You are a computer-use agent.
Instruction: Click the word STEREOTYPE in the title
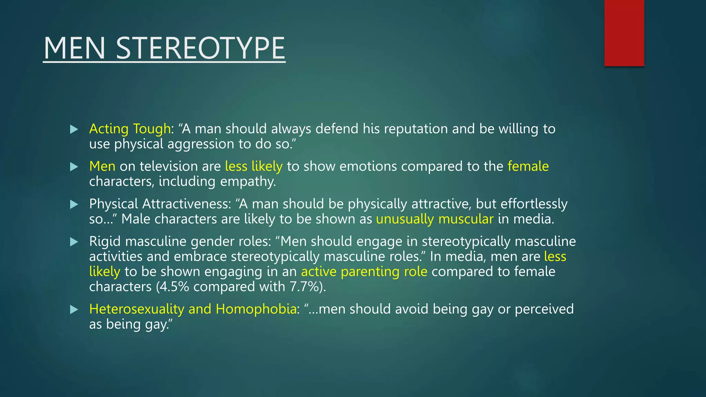pyautogui.click(x=200, y=48)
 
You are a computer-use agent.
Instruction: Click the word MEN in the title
pyautogui.click(x=74, y=48)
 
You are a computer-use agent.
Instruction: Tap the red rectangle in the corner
pyautogui.click(x=624, y=33)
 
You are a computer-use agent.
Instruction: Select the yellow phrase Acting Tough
pyautogui.click(x=130, y=129)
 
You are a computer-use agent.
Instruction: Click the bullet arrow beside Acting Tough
pyautogui.click(x=74, y=130)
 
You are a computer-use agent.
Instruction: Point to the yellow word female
pyautogui.click(x=528, y=166)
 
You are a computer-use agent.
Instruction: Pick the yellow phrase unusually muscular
pyautogui.click(x=434, y=219)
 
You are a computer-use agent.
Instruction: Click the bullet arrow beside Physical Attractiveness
pyautogui.click(x=74, y=205)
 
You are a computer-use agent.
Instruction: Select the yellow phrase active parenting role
pyautogui.click(x=364, y=272)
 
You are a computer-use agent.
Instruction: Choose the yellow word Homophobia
pyautogui.click(x=256, y=309)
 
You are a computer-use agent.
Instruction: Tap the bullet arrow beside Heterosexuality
pyautogui.click(x=74, y=309)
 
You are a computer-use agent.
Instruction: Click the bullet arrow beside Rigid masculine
pyautogui.click(x=74, y=242)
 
